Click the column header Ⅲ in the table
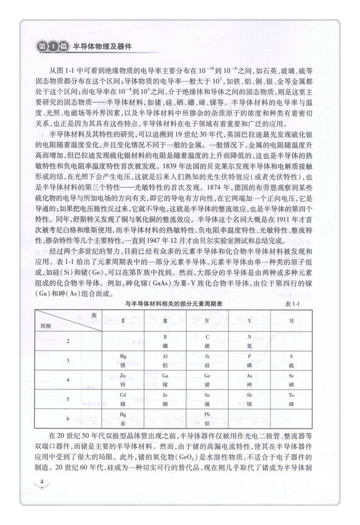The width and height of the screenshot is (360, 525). pyautogui.click(x=165, y=319)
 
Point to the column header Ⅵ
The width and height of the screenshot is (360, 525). pyautogui.click(x=291, y=319)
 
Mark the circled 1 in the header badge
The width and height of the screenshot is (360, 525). pyautogui.click(x=53, y=46)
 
